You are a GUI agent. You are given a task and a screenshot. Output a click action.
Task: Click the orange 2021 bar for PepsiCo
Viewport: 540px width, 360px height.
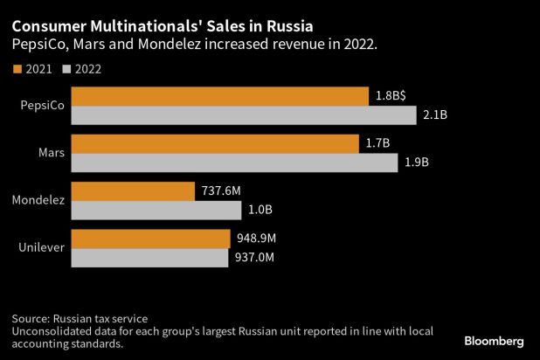[218, 95]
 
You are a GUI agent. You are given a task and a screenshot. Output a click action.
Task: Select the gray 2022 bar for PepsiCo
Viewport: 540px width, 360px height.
[243, 114]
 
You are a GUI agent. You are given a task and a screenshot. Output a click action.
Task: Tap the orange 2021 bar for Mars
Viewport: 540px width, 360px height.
[214, 143]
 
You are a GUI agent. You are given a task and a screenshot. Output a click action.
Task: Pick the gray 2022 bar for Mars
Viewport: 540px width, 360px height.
[233, 163]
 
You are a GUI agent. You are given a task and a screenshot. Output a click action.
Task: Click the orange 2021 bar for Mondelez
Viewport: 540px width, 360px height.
[132, 191]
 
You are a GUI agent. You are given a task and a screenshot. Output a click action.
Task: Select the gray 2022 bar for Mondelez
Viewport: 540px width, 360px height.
[156, 211]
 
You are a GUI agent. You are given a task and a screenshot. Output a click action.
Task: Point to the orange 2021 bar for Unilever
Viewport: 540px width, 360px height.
[149, 239]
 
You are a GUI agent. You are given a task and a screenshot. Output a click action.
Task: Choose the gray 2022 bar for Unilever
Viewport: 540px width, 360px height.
[149, 258]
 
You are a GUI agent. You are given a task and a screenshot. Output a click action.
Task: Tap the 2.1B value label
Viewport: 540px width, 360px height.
[437, 115]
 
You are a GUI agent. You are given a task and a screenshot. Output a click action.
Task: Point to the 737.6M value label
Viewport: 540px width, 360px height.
[222, 191]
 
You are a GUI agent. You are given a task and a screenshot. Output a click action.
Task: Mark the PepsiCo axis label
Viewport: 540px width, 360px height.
[42, 105]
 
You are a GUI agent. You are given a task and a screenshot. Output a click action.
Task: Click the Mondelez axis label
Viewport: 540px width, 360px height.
[38, 201]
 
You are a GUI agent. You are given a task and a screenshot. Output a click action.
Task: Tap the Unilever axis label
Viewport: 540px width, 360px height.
[40, 248]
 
